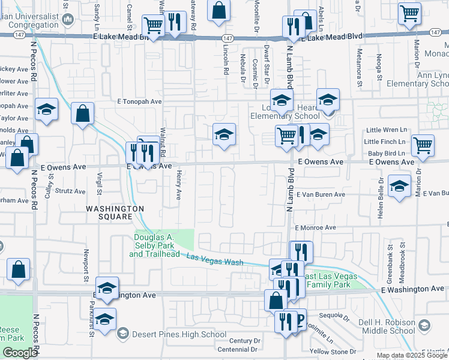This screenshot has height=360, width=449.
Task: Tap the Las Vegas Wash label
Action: [x=215, y=260]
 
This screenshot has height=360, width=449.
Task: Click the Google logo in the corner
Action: [x=19, y=353]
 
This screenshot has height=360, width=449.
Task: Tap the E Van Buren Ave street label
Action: [x=320, y=194]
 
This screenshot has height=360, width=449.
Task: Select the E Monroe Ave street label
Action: [x=316, y=228]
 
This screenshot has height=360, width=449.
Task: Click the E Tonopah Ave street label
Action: [x=139, y=102]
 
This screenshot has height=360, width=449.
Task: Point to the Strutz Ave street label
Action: [x=71, y=191]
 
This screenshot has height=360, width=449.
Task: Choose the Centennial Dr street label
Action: [x=238, y=349]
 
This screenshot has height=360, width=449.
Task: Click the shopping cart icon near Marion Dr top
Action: [x=409, y=13]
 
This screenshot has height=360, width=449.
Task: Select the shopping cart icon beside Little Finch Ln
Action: [x=423, y=144]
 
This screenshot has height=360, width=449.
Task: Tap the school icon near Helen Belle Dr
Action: [x=399, y=185]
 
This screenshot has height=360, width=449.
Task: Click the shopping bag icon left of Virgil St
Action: [x=82, y=113]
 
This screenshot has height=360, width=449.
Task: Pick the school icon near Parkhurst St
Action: [x=105, y=318]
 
